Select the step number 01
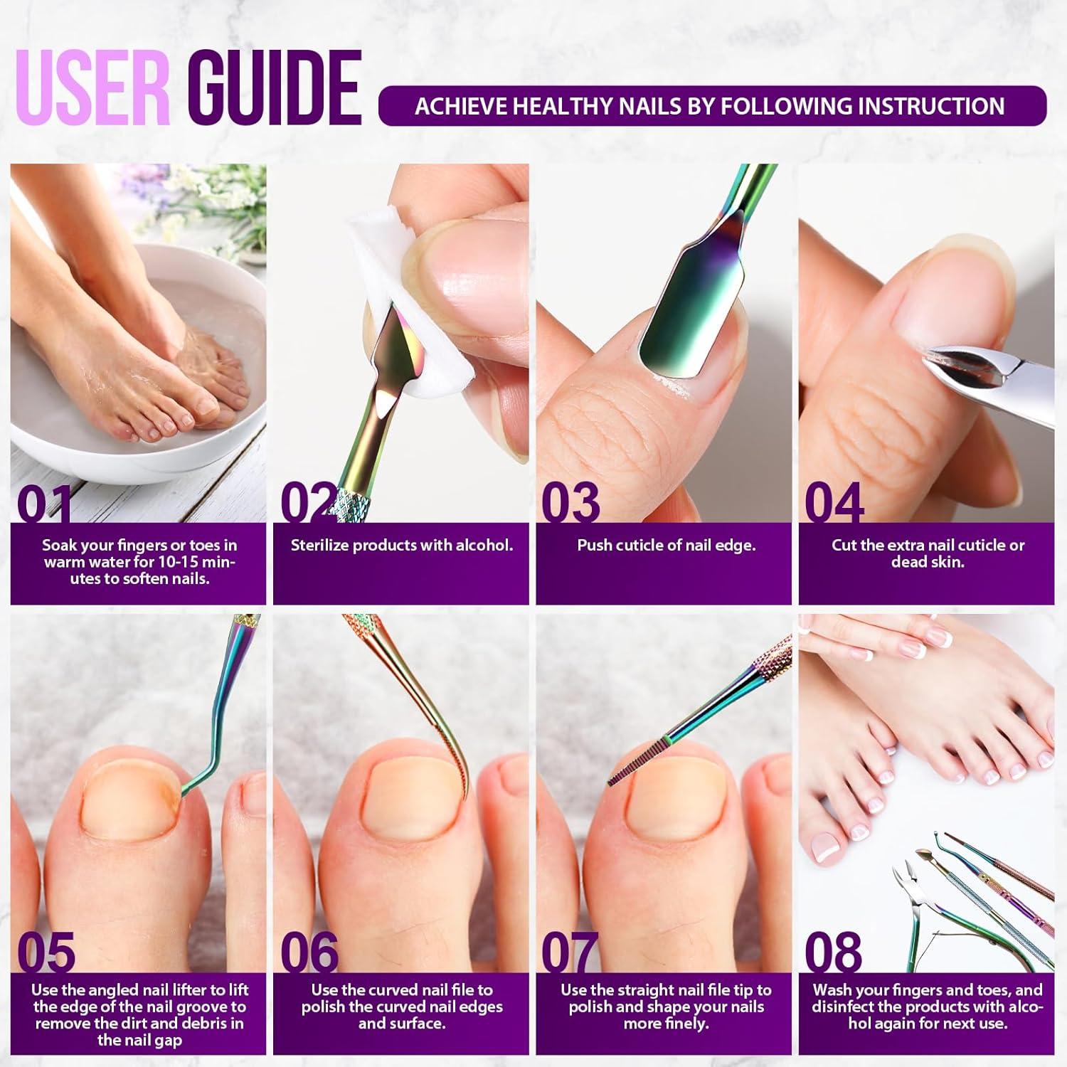pos(44,504)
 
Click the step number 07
pos(569,953)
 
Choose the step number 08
pos(833,952)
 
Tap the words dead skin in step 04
pos(928,562)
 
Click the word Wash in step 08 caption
pos(834,990)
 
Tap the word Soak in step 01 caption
pos(58,546)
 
